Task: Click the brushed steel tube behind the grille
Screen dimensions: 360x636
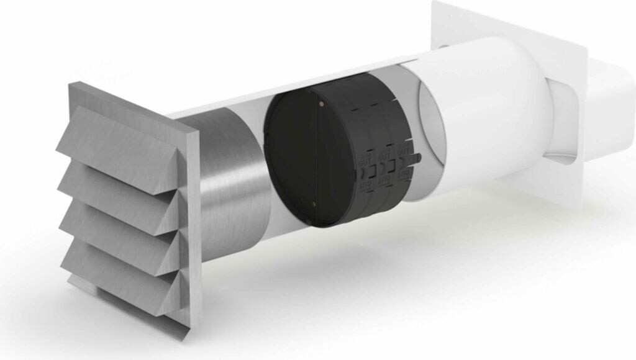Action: point(230,180)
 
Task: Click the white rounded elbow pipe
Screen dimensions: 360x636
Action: point(497,112)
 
